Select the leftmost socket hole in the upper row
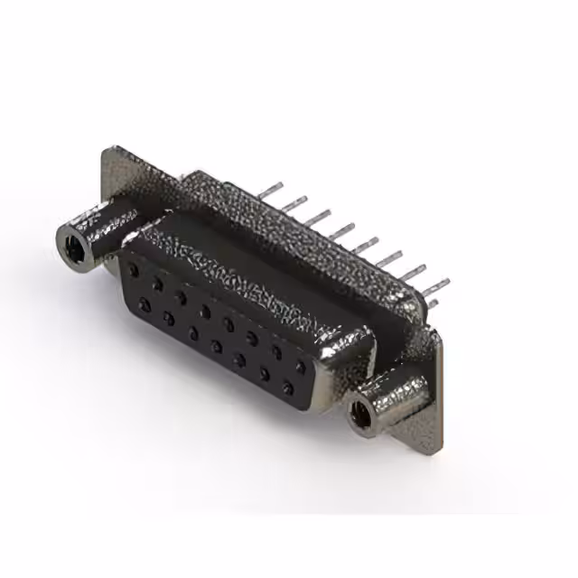(134, 270)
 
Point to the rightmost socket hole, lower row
(288, 390)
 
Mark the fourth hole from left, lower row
(216, 346)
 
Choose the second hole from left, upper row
(157, 284)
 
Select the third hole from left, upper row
(181, 297)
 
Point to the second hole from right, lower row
(264, 376)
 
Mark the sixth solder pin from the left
(389, 260)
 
